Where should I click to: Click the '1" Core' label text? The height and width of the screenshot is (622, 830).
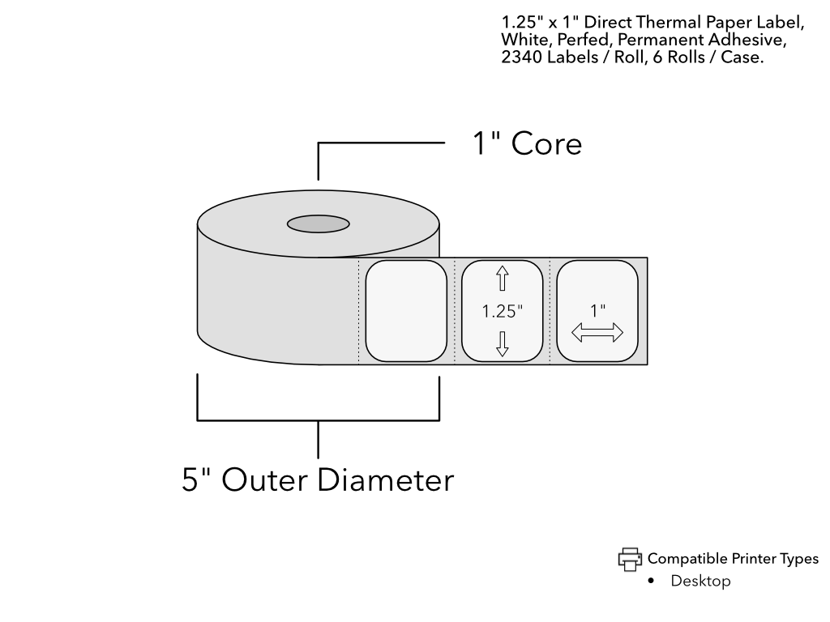click(x=527, y=144)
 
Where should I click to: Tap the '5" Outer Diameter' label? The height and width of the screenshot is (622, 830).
click(x=318, y=480)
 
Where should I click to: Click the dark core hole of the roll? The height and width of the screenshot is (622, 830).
click(x=319, y=223)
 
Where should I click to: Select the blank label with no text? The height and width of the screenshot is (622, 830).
click(x=406, y=310)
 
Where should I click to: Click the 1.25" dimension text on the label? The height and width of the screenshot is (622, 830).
click(x=502, y=310)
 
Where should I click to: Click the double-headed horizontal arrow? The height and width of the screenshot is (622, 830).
click(x=597, y=332)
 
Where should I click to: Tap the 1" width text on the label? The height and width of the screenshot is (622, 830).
click(x=597, y=309)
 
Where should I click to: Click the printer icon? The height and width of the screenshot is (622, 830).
click(x=630, y=559)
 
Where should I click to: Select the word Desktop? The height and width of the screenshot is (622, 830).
click(x=700, y=582)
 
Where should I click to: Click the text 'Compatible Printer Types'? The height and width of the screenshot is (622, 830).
click(x=733, y=559)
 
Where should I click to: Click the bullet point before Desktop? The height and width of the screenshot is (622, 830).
click(x=652, y=582)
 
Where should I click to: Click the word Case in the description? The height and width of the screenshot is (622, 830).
click(x=742, y=58)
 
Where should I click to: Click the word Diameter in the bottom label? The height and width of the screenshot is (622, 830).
click(x=385, y=480)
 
